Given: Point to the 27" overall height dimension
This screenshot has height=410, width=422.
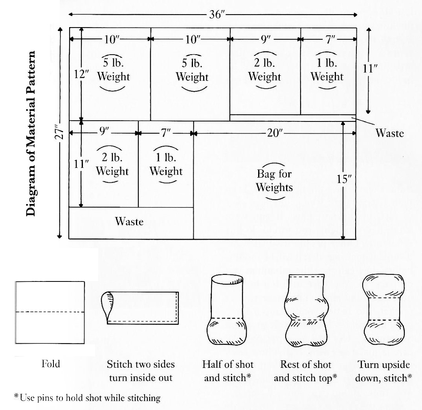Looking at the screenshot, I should [x=59, y=133].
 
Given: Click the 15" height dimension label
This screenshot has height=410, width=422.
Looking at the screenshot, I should [x=344, y=179].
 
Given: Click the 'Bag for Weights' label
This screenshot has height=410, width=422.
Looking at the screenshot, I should [x=274, y=180].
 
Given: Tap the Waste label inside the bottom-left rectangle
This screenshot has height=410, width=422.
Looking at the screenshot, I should [x=129, y=222].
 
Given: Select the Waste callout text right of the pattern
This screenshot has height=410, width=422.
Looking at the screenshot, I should [x=389, y=133].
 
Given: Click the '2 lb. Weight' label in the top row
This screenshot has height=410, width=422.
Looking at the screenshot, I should [x=264, y=70].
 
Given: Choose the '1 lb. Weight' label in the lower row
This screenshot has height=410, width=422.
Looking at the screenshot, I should [x=166, y=165].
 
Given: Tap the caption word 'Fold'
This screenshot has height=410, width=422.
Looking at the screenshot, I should [x=51, y=364].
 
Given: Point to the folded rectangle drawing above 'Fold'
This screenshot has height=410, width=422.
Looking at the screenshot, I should [x=50, y=312].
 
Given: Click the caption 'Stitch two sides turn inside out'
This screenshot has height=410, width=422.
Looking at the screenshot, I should [x=141, y=371].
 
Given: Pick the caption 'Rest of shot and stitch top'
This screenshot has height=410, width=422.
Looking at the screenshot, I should [x=305, y=371].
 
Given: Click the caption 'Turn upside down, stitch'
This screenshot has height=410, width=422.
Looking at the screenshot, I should [x=383, y=371].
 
